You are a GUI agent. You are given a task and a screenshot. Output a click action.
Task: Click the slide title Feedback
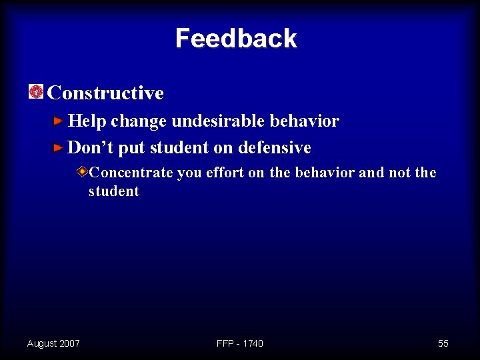(x=236, y=39)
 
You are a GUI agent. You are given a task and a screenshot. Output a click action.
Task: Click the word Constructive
(x=105, y=93)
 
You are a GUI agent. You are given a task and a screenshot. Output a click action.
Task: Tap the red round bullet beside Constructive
(x=36, y=92)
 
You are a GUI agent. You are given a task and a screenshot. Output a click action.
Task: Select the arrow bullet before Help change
(x=59, y=121)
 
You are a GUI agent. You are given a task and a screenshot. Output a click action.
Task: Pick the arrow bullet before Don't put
(x=59, y=147)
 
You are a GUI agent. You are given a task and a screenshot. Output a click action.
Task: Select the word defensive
(x=274, y=147)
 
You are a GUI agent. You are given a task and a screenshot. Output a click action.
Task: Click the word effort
(x=225, y=173)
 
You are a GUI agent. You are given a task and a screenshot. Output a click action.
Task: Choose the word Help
(x=87, y=121)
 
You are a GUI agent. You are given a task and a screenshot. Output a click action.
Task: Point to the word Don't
(x=88, y=147)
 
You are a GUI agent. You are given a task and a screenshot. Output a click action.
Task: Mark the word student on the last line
(x=114, y=192)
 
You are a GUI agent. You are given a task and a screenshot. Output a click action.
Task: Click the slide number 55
(x=443, y=343)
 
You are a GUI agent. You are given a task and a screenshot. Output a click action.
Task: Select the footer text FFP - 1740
(x=240, y=343)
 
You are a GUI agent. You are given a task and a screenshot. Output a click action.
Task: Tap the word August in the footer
(x=41, y=343)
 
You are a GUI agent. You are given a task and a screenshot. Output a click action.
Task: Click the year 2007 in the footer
(x=69, y=343)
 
